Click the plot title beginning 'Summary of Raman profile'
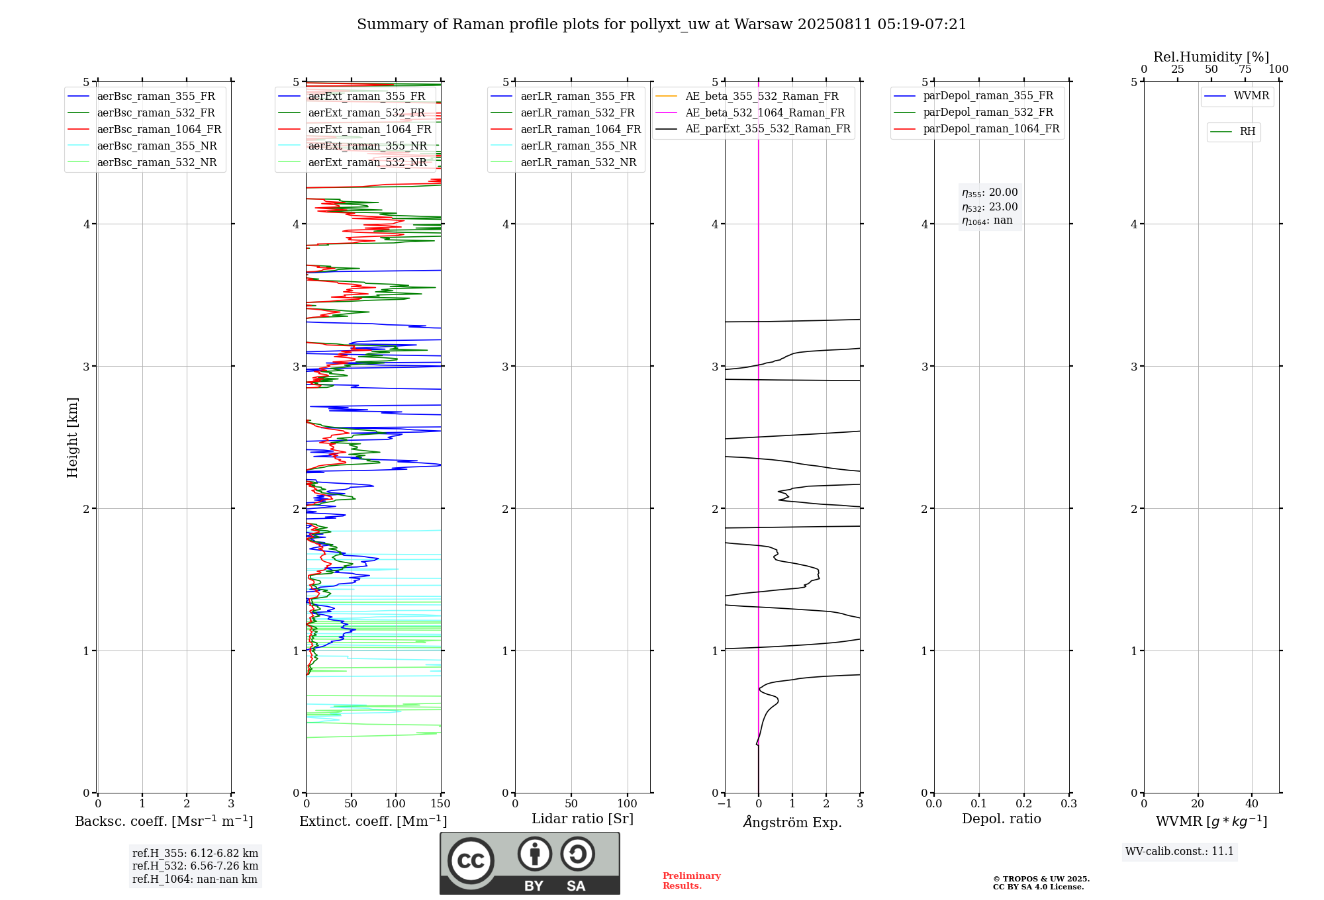coord(661,24)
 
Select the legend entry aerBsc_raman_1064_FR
coord(159,130)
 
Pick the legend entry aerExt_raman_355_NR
coord(367,146)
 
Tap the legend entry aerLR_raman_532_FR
coord(577,113)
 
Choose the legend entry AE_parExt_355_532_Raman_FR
coord(767,129)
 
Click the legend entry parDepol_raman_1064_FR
coord(991,129)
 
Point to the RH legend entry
coord(1247,132)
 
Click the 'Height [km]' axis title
coord(72,437)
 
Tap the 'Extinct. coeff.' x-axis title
coord(373,821)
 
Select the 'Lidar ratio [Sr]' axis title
coord(583,819)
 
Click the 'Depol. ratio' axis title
coord(1001,819)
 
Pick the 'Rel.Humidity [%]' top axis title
coord(1211,57)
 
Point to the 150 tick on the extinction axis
coord(440,804)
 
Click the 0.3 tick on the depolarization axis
coord(1068,804)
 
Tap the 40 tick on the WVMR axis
coord(1251,804)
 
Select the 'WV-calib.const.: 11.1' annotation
coord(1179,852)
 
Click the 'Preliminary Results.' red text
coord(691,881)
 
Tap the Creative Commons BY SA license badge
coord(530,863)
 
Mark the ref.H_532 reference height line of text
coord(195,866)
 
